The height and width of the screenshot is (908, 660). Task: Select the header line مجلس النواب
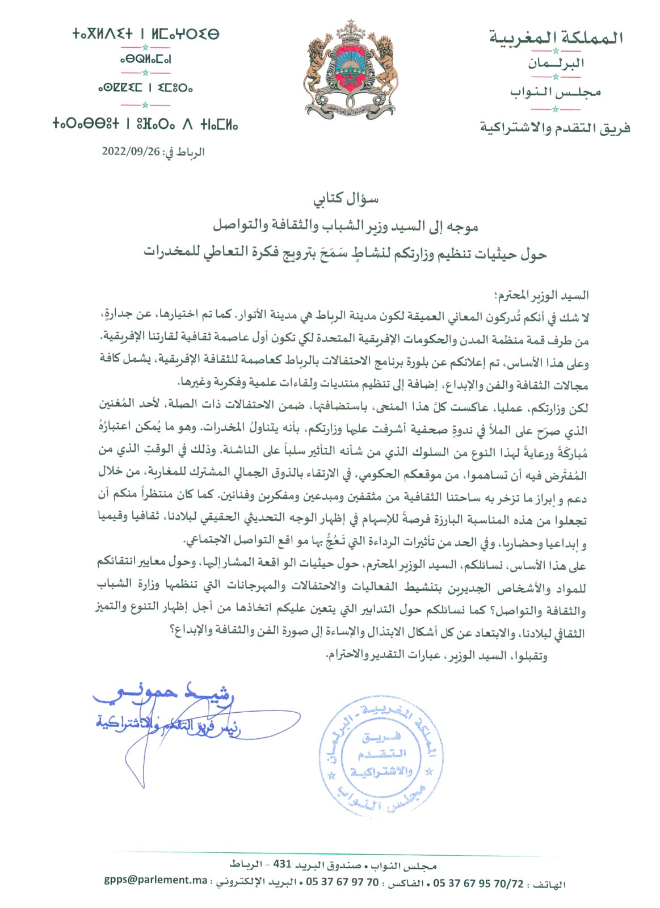click(555, 92)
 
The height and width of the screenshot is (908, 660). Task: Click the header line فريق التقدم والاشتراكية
click(554, 128)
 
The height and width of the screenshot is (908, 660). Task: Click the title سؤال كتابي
click(346, 199)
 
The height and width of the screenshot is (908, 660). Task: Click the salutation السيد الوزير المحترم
click(542, 295)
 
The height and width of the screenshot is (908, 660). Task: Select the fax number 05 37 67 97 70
click(342, 881)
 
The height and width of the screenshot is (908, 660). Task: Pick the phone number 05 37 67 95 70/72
click(478, 883)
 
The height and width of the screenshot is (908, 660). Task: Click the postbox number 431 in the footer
click(282, 864)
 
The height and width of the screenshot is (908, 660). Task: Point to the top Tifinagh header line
click(145, 34)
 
